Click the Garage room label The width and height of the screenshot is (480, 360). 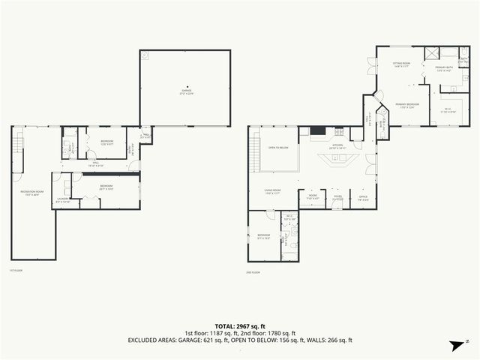pos(185,91)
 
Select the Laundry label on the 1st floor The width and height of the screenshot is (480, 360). pos(62,200)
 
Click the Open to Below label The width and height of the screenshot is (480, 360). pos(279,148)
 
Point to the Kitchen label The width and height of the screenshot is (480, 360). pos(333,147)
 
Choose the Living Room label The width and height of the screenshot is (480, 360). pos(272,191)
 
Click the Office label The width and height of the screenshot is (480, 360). pos(362,198)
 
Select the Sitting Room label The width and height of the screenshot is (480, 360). pos(401,64)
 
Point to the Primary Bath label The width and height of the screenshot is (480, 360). pos(445,69)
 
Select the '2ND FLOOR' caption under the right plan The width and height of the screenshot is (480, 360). pos(253,271)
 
